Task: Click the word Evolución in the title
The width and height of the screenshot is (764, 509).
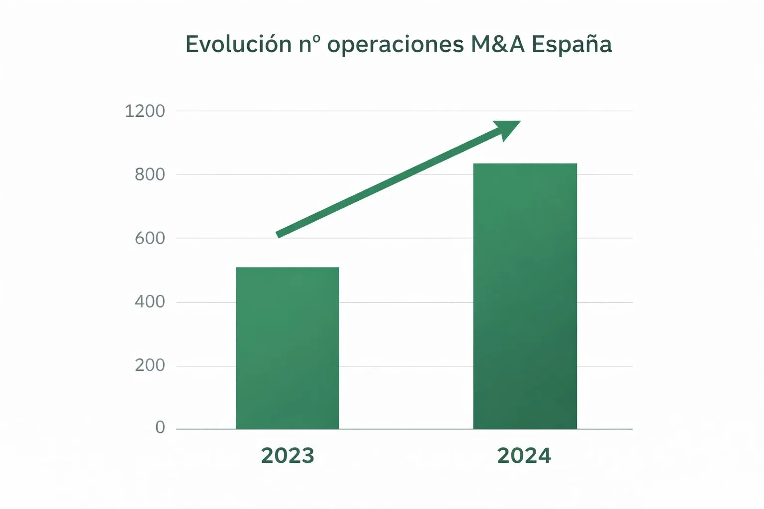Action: [238, 44]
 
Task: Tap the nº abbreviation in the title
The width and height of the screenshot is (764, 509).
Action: [309, 44]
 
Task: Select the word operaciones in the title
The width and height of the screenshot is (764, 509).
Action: [395, 45]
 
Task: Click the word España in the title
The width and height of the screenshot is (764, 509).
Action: [572, 45]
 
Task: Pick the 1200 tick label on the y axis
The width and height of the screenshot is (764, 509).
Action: [144, 111]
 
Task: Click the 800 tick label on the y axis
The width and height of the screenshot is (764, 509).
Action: [149, 174]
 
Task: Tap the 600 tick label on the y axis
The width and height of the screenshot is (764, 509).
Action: [149, 238]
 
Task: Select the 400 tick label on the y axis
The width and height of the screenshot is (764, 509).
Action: [149, 302]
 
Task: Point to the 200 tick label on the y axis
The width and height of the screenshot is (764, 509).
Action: [149, 365]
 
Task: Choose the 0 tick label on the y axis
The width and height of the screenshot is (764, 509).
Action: [160, 427]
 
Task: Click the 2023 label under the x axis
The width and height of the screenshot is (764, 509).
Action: [287, 456]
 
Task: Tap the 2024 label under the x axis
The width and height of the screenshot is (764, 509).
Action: [524, 456]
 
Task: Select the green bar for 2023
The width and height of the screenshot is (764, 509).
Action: [287, 348]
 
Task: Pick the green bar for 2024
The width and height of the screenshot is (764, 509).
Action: [525, 298]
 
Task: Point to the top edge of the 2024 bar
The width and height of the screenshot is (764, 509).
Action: [525, 164]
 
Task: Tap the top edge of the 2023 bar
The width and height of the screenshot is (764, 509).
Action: [287, 268]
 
